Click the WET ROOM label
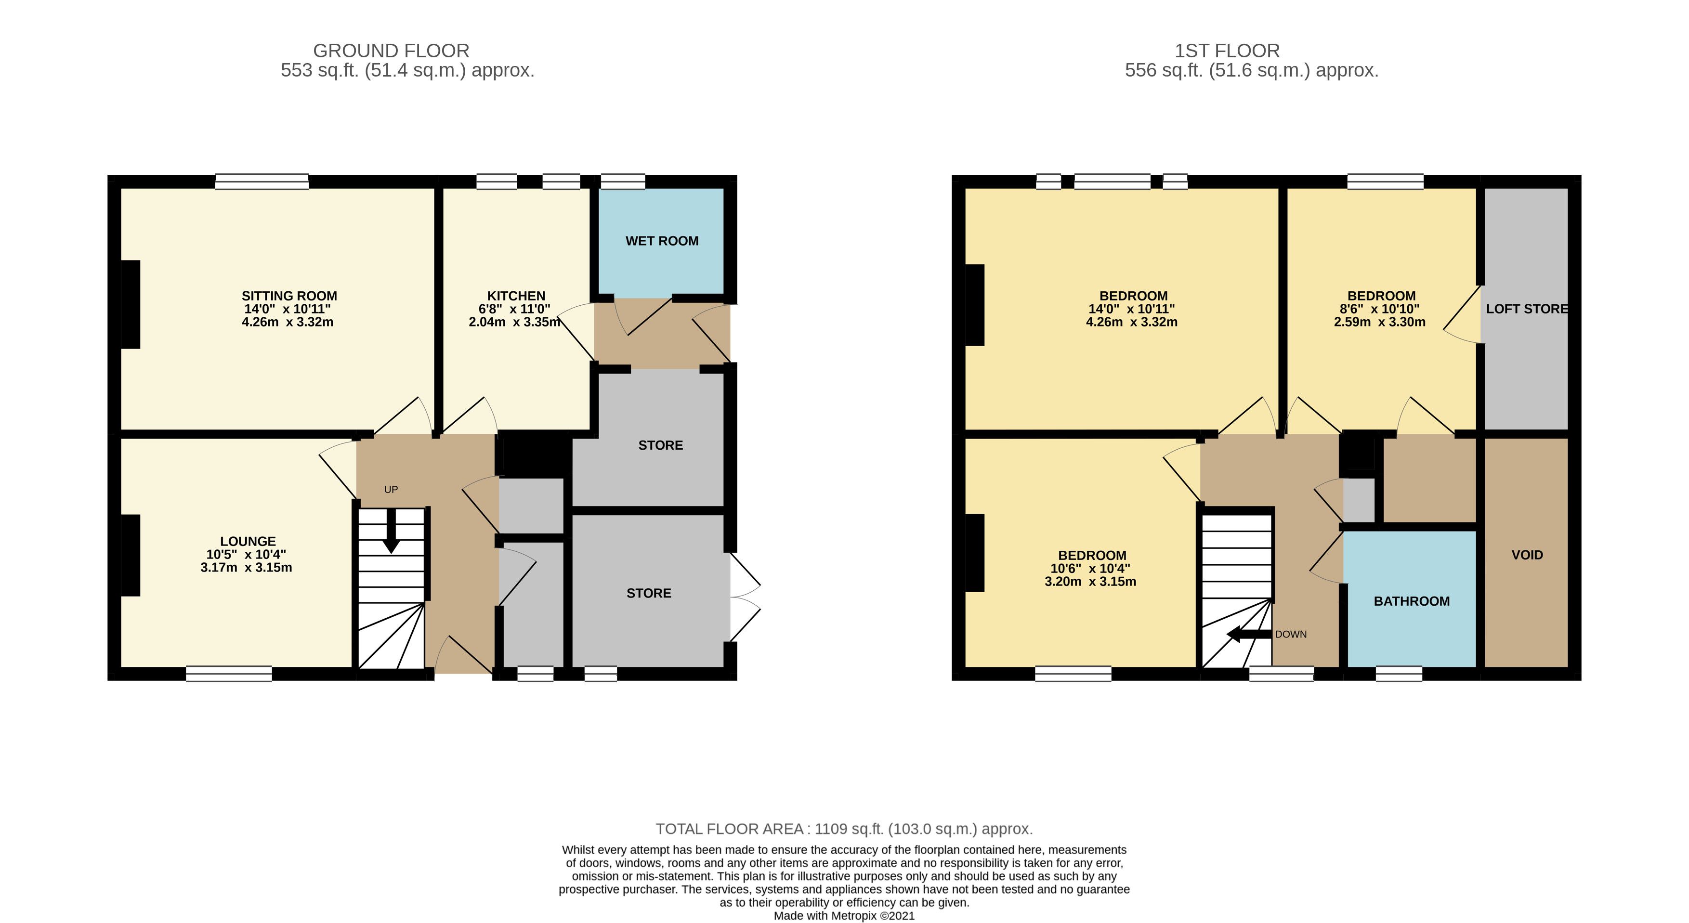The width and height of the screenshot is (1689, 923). pos(662,241)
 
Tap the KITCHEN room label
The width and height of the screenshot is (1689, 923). pos(516,296)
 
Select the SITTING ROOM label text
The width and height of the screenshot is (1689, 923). pos(289,296)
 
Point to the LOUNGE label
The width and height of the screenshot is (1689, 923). pos(248,542)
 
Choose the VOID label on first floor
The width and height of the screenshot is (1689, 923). pos(1527,555)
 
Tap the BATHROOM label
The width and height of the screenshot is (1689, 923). pos(1412,601)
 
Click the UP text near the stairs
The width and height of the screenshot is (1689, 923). pos(391,490)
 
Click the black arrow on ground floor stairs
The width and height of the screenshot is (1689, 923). pos(392,531)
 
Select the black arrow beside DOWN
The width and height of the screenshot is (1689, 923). pos(1249,635)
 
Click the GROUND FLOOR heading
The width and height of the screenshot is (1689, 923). pos(392,51)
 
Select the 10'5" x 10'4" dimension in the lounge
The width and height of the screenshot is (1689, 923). pos(246,555)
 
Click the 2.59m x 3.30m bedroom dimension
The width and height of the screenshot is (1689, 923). pos(1379,322)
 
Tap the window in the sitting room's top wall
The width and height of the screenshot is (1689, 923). pos(262,182)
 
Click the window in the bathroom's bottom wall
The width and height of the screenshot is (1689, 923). pos(1399,674)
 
